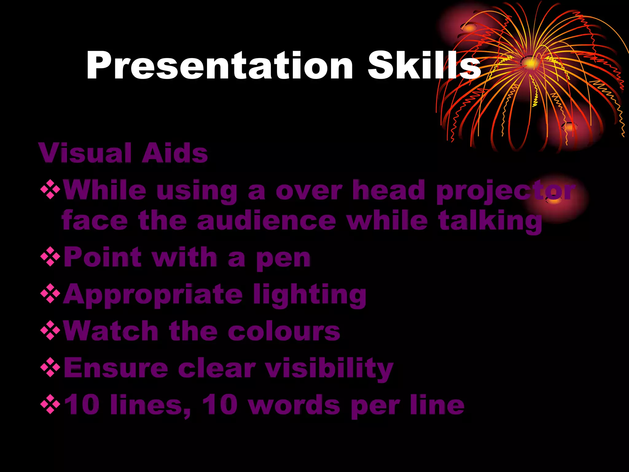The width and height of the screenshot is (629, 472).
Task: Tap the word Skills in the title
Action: [424, 65]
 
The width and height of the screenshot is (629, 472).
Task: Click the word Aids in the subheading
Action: [174, 153]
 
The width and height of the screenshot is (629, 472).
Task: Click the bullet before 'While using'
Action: [50, 190]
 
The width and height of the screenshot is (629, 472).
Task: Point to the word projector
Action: [505, 191]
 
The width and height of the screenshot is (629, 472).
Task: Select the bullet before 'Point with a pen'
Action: [50, 257]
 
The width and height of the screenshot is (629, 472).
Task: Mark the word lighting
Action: [310, 295]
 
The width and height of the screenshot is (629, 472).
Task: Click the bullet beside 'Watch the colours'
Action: [50, 330]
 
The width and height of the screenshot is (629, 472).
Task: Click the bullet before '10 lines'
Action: [50, 404]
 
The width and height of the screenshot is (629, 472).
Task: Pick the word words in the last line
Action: [294, 405]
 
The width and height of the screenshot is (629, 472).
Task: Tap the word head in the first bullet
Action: [389, 191]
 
